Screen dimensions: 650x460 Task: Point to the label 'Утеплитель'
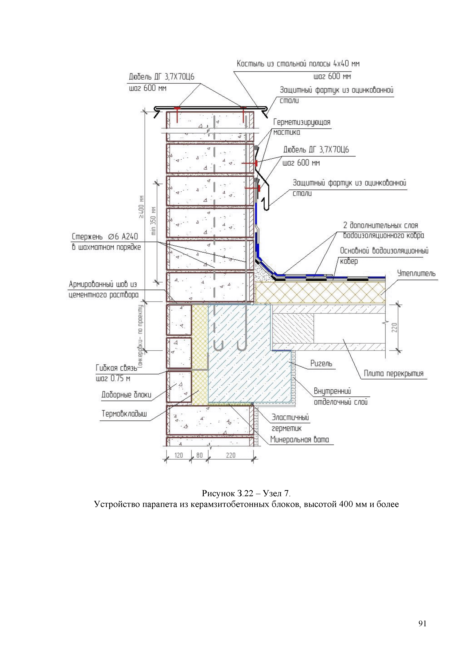coord(416,273)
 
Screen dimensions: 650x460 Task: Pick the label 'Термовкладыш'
coord(124,414)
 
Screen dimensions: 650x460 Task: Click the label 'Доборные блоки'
coord(126,395)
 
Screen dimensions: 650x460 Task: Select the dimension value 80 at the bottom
coord(200,455)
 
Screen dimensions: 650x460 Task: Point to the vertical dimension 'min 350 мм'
coord(153,221)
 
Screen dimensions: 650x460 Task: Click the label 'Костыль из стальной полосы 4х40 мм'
coord(298,64)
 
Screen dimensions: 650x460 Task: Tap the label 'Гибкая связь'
coord(116,368)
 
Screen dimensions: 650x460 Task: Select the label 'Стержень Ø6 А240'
coord(105,237)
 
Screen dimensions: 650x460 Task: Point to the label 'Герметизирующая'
coord(302,122)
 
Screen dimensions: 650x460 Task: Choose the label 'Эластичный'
coord(290,417)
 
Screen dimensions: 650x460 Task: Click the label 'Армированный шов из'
coord(103,284)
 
